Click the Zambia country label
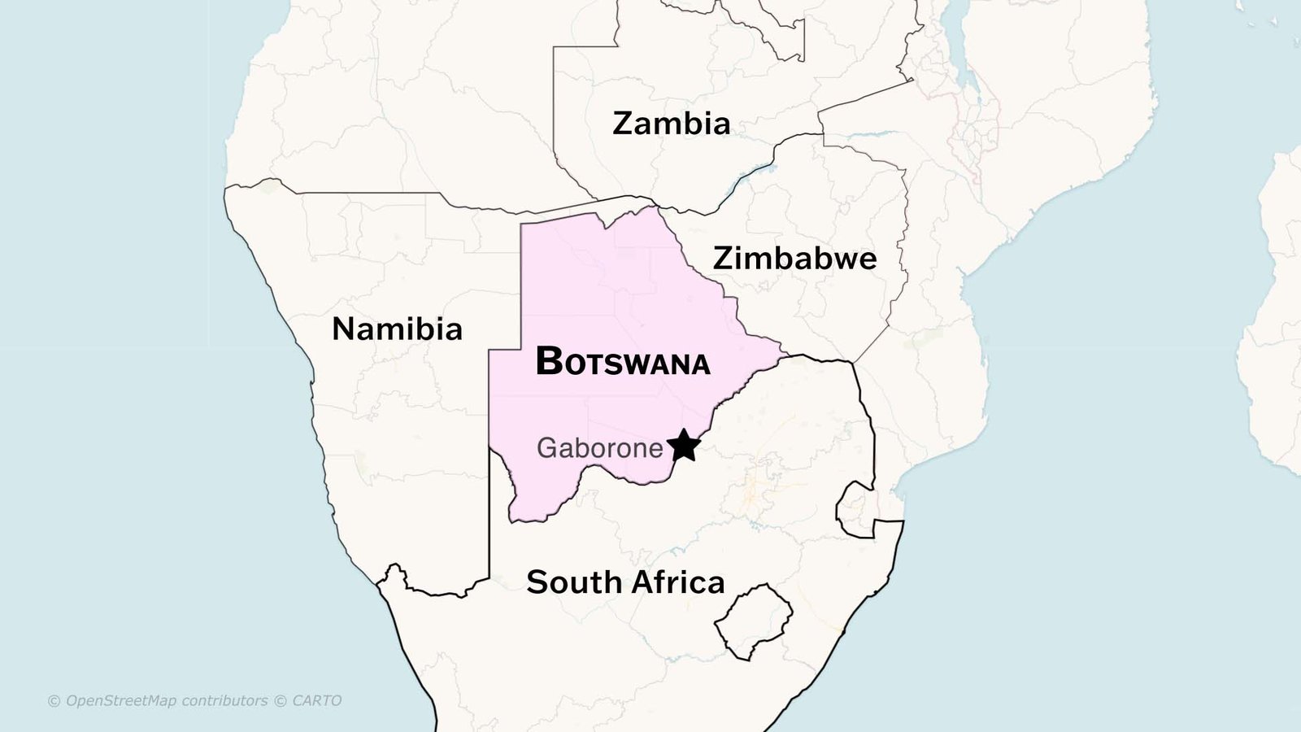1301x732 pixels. [671, 124]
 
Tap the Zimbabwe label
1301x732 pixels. [794, 259]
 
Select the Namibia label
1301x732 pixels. [397, 329]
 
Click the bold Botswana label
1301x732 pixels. [623, 362]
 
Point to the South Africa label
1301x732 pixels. [625, 582]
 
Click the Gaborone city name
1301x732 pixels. [600, 448]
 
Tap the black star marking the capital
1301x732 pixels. [684, 446]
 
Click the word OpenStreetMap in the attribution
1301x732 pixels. [120, 701]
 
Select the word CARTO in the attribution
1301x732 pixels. [317, 701]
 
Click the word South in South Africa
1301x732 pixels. [574, 582]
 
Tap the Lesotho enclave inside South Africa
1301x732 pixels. [753, 621]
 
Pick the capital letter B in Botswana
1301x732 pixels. [550, 361]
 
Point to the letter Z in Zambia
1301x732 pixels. [624, 124]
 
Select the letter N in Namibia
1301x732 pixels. [345, 329]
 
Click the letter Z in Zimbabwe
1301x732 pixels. [724, 259]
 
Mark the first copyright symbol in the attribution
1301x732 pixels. [54, 701]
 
